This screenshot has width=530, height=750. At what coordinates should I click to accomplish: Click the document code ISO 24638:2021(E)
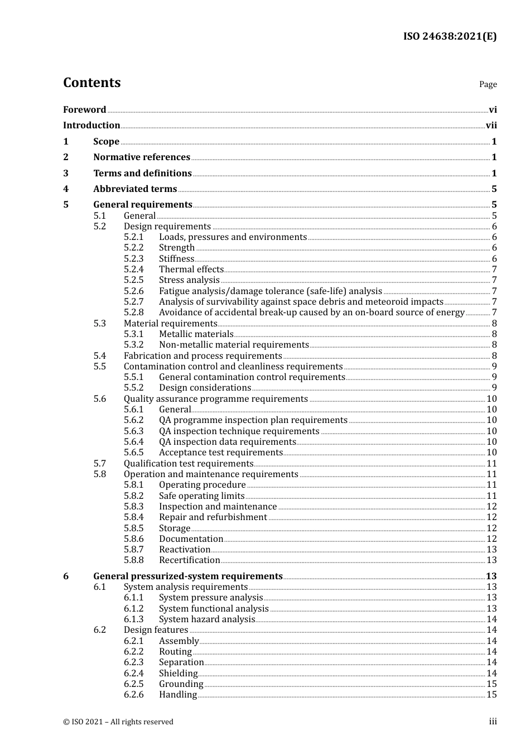point(450,36)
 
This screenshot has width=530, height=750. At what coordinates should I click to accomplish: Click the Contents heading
point(91,83)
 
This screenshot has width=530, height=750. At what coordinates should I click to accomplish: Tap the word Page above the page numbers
point(488,84)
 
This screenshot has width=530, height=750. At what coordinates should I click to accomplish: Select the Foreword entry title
point(84,109)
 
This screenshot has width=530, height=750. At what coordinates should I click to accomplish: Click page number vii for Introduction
point(491,126)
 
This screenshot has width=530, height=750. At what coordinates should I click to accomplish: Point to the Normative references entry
point(142,157)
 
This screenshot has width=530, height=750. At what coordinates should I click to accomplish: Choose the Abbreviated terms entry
point(135,189)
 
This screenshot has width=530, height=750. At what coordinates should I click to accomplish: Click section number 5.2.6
point(133,291)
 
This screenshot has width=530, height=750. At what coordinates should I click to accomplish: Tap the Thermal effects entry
point(191,270)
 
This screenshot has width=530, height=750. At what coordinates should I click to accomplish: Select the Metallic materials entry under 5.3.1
point(196,334)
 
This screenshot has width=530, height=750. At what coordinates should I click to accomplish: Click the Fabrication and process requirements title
point(203,356)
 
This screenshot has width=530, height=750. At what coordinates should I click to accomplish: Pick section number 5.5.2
point(133,388)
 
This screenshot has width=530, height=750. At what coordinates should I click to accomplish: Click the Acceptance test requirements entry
point(220,453)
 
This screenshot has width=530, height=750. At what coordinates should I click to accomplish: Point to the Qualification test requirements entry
point(189,464)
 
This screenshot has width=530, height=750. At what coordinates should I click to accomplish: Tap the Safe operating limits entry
point(201,496)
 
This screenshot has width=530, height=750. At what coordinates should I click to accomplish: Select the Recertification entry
point(189,560)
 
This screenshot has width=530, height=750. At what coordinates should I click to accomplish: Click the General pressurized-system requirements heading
point(187,576)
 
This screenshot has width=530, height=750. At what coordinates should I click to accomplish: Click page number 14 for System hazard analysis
point(491,619)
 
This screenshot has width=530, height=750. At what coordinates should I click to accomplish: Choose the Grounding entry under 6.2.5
point(181,684)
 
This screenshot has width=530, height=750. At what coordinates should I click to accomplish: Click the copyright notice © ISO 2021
point(118,722)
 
